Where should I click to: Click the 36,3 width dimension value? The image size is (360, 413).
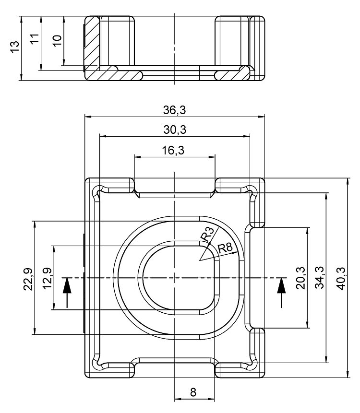point(174,110)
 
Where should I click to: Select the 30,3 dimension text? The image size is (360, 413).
point(174,130)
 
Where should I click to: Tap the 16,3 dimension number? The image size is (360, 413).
point(174,151)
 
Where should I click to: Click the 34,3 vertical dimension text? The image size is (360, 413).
point(319,278)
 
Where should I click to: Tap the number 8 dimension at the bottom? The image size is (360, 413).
point(193,392)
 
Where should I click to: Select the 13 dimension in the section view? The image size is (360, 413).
point(15,48)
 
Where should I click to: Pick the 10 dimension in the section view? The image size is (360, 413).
point(57,40)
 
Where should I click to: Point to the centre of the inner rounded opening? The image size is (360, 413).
point(178,278)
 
